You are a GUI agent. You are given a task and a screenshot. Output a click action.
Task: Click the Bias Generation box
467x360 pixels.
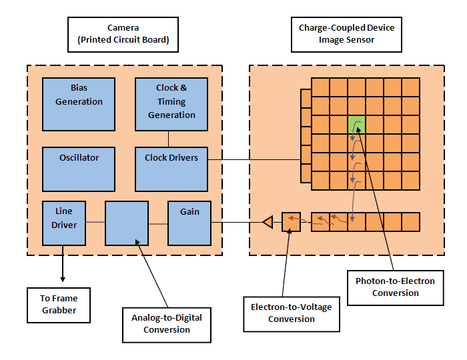click(x=79, y=103)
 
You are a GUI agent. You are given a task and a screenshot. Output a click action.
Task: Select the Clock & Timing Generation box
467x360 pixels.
click(x=171, y=103)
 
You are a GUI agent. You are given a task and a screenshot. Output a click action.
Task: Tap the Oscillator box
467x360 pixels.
click(x=79, y=168)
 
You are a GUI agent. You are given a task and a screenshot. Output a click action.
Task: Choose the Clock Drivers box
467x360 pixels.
click(x=171, y=168)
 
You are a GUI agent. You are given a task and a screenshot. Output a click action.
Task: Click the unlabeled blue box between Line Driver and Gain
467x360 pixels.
click(x=127, y=223)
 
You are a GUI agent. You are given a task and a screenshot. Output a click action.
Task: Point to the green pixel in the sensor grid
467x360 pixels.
click(x=357, y=124)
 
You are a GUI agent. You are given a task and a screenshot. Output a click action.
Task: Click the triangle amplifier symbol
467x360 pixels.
click(x=268, y=222)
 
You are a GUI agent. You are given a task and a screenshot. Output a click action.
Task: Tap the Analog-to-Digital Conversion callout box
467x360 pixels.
click(x=166, y=324)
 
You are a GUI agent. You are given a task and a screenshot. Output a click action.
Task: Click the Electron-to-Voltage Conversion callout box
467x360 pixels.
click(x=291, y=313)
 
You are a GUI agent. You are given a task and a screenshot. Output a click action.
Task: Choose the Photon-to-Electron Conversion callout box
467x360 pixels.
click(x=395, y=287)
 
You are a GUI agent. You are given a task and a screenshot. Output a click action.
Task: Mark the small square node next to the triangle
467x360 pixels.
click(x=292, y=222)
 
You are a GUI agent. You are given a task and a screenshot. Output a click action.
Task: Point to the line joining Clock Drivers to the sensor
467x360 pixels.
click(x=254, y=159)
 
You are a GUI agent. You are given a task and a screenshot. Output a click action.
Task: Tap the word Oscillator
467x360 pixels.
click(x=79, y=158)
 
